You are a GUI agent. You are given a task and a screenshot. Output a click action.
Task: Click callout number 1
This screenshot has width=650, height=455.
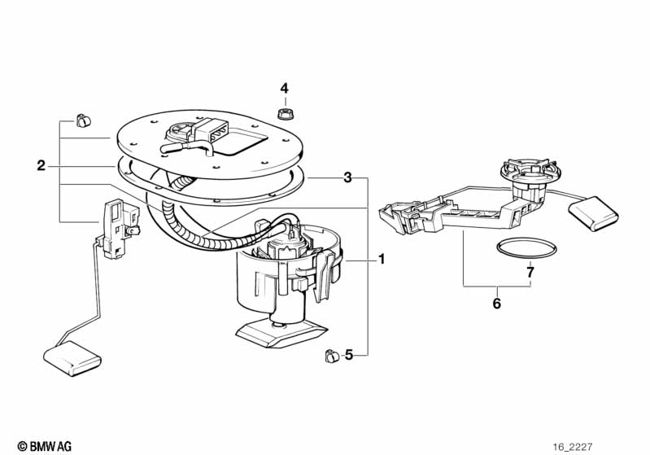pos(380,260)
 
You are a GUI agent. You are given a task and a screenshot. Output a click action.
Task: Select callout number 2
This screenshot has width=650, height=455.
pos(41,166)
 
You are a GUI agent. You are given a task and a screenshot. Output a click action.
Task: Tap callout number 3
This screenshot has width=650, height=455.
pos(347,177)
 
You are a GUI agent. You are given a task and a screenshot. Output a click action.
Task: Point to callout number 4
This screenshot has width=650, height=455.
pos(285,88)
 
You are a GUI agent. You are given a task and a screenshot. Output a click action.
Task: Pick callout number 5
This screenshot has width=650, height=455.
pos(349,354)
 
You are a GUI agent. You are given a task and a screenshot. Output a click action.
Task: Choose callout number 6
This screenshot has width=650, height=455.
pos(497,304)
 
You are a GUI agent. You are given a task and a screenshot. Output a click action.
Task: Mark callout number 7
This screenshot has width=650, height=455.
pos(530,272)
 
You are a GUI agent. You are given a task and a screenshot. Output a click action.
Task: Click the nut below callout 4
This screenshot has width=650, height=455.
pos(286,111)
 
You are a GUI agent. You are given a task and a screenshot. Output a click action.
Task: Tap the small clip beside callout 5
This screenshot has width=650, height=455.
pos(331,355)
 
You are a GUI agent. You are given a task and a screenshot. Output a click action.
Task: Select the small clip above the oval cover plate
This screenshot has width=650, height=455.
pos(81,120)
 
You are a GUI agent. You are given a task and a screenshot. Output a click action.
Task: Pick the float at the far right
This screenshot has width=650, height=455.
pos(592,213)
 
